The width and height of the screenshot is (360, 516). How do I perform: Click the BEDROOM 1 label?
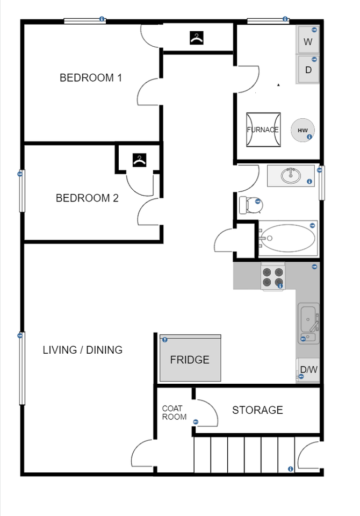[x=91, y=78]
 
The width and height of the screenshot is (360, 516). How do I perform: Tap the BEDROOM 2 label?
[x=87, y=198]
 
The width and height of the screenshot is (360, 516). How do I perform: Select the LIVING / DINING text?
[x=83, y=350]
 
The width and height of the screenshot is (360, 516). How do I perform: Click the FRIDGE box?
[x=190, y=359]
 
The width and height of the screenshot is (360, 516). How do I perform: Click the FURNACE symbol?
[x=263, y=130]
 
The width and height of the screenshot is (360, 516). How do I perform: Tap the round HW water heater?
[x=303, y=130]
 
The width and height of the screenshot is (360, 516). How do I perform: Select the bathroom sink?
[x=291, y=175]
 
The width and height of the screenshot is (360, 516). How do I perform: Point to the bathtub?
[x=287, y=237]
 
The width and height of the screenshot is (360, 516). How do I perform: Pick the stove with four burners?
[x=272, y=277]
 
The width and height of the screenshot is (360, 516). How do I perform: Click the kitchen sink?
[x=308, y=319]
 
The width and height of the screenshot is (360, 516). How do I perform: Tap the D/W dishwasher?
[x=308, y=370]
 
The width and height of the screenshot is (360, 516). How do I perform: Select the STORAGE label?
[x=257, y=410]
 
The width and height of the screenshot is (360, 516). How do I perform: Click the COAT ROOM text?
[x=174, y=413]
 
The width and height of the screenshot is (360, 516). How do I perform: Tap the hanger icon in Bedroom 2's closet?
[x=140, y=160]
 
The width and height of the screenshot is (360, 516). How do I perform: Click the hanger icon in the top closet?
[x=197, y=38]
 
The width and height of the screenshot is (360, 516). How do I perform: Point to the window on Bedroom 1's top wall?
[x=84, y=20]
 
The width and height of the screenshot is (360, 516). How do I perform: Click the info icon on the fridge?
[x=164, y=340]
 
